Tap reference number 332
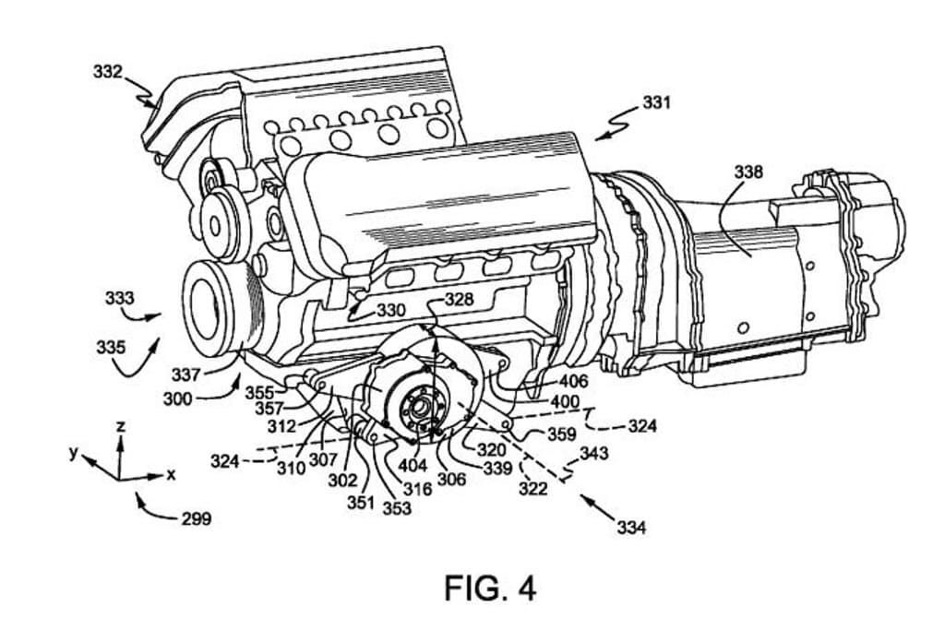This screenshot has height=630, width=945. pos(108,72)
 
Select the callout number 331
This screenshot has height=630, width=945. pos(656,103)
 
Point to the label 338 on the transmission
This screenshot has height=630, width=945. pos(748,172)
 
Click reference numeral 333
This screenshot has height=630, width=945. pos(119,299)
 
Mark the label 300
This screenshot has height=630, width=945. pos(177,398)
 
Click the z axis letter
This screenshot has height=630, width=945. pos(121,426)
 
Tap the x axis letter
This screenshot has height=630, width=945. pos(171,474)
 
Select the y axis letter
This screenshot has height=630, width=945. pos(71,455)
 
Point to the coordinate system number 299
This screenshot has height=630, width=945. pos(196,518)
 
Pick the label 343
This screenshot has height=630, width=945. pos(594,455)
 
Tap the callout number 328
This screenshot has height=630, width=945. pos(459,299)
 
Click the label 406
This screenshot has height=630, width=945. pos(573,380)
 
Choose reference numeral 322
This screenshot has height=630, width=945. pos(532,488)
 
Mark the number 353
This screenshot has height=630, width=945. pos(397,508)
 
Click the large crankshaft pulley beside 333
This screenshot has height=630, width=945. pos(218,308)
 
